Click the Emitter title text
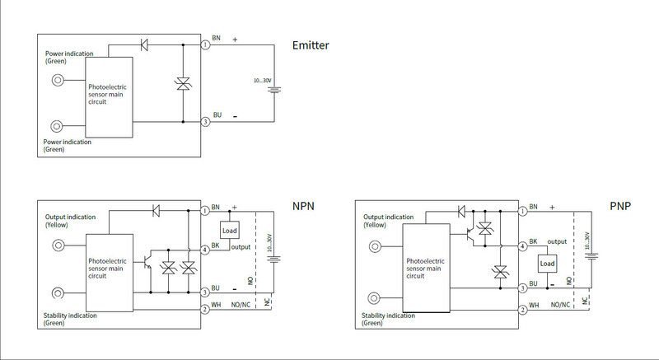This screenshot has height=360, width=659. tap(311, 45)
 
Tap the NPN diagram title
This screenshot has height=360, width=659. tap(304, 206)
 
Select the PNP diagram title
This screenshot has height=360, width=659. tap(620, 205)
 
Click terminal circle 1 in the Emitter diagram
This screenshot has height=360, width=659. tap(206, 44)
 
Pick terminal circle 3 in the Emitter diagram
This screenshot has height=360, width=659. tap(206, 122)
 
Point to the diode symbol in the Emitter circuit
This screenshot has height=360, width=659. tap(145, 44)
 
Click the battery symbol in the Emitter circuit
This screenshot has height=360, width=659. tap(273, 88)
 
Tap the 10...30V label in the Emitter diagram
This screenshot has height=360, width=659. tap(263, 80)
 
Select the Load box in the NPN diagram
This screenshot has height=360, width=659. tap(230, 231)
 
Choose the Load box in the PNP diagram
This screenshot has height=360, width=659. tap(548, 264)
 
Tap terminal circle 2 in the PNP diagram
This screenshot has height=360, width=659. tap(523, 310)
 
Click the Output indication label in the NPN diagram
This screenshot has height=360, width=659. tap(70, 217)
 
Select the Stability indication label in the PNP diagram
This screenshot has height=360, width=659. tap(388, 316)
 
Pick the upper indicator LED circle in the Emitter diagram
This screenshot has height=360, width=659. tap(58, 81)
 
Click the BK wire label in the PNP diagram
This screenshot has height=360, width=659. tap(534, 241)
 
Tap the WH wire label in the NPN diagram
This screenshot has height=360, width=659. tap(217, 305)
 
